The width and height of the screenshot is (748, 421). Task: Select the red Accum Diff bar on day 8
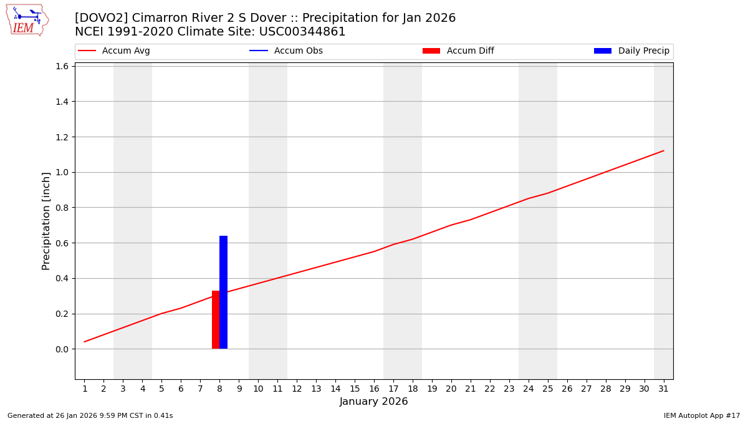(x=216, y=319)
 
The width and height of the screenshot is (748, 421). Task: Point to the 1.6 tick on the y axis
(x=62, y=66)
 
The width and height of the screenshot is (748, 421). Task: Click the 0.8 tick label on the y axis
(x=62, y=208)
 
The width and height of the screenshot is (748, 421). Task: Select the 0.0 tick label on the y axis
(x=62, y=349)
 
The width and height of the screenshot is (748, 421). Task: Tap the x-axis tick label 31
(x=663, y=389)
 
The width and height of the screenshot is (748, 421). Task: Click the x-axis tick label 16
(x=374, y=389)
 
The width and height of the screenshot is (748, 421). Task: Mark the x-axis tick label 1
(x=85, y=389)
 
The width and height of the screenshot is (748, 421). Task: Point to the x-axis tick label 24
(x=529, y=389)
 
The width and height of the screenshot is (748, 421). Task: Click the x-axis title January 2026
(x=374, y=402)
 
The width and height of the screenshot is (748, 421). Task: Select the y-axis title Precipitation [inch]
(x=46, y=221)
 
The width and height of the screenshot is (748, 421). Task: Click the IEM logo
(x=27, y=20)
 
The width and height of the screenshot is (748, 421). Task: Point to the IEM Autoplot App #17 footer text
(x=702, y=415)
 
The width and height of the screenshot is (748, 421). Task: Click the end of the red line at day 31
(x=663, y=150)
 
